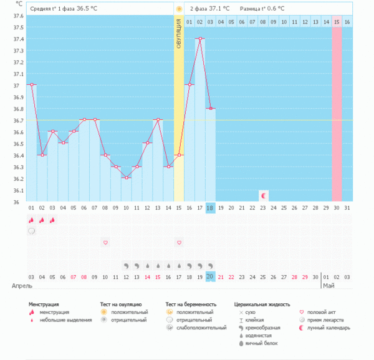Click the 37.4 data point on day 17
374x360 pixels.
coord(200,39)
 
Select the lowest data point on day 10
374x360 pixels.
coord(126,178)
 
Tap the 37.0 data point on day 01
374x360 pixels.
coord(31,85)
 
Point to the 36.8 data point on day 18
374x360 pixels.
coord(211,109)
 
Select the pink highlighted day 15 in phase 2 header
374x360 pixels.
coord(337,22)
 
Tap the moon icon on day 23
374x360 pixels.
coord(264,196)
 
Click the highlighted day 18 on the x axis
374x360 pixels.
coord(211,208)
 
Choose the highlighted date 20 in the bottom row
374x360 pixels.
coord(211,276)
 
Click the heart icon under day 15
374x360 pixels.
coord(179,242)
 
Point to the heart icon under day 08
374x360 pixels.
coord(105,242)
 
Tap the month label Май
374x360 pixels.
coord(328,285)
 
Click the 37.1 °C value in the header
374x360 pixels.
coord(219,9)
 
